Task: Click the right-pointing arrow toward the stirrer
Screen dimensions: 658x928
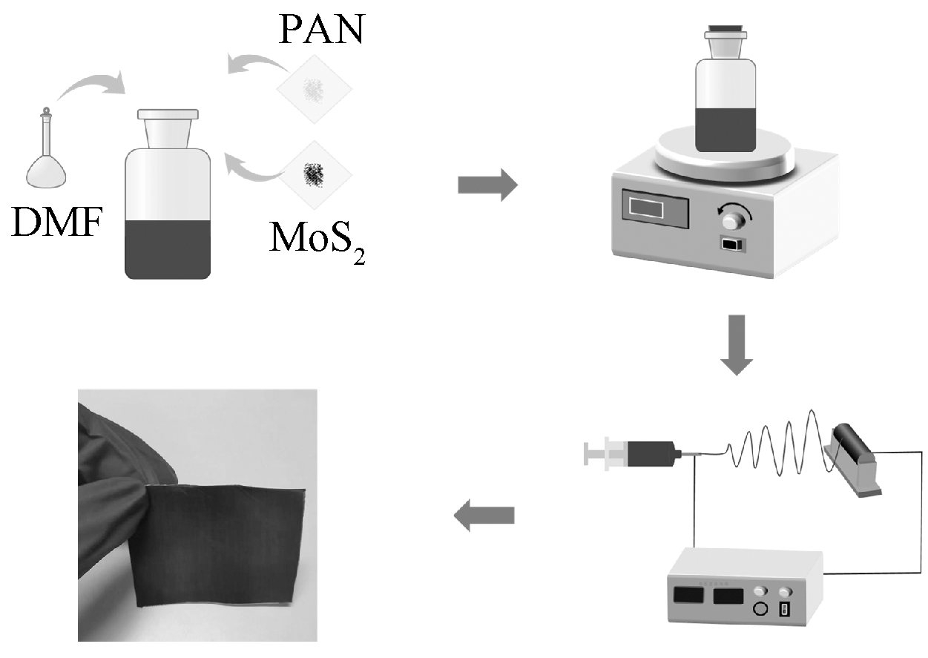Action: [x=487, y=184]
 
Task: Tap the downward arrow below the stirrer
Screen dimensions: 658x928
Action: [x=736, y=344]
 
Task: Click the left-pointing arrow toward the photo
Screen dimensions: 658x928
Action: [x=484, y=516]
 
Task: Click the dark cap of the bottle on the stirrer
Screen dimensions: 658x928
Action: [x=725, y=31]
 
